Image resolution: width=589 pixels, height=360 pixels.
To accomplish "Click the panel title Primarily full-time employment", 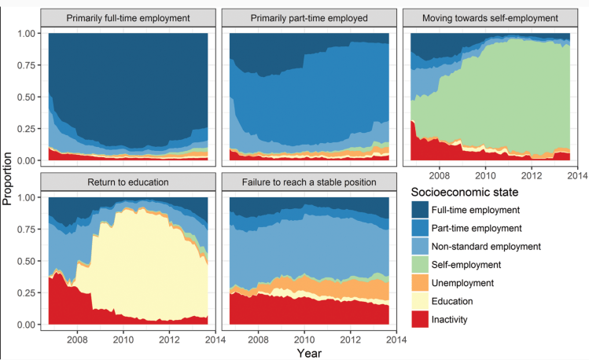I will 127,17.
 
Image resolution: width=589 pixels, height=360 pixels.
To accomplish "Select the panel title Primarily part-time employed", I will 308,17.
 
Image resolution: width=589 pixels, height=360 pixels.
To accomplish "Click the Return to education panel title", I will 127,182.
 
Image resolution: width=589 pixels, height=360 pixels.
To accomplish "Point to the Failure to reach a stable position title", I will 308,182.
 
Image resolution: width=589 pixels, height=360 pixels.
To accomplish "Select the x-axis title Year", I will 308,353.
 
